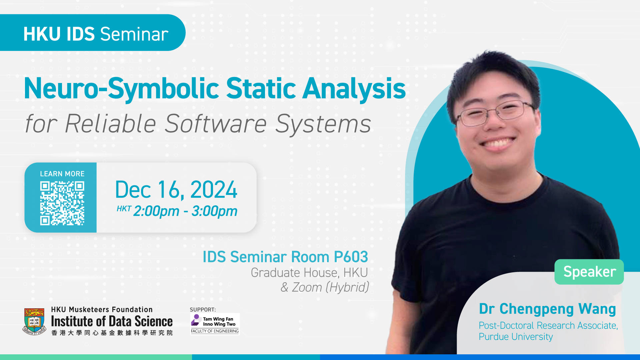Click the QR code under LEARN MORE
click(62, 203)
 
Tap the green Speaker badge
click(589, 272)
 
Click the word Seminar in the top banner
click(134, 34)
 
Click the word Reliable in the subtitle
click(110, 123)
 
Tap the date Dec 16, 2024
click(176, 190)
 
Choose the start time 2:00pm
click(156, 211)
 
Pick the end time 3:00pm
click(214, 211)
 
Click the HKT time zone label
click(124, 209)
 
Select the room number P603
click(351, 257)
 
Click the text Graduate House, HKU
click(309, 273)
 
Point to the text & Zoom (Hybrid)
click(325, 287)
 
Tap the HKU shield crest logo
click(34, 321)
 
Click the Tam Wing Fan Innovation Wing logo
click(215, 324)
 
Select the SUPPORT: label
click(203, 310)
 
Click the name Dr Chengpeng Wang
click(547, 309)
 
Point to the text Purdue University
click(516, 337)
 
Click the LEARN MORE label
click(62, 174)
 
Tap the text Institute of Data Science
click(112, 321)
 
